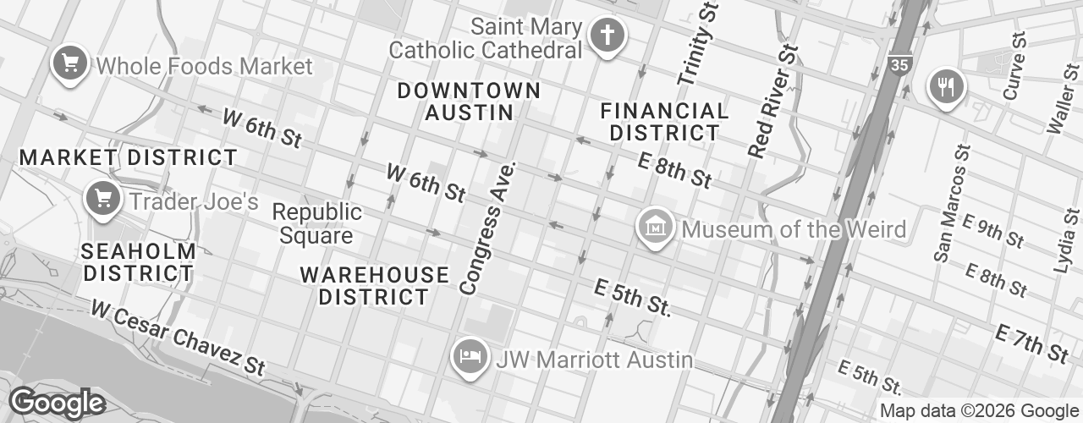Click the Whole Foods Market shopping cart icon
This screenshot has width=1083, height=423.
pos(71,64)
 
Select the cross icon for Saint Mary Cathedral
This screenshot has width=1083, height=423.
pos(607,36)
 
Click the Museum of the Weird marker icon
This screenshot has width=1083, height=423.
pos(655,228)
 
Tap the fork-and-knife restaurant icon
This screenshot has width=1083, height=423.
pos(946,85)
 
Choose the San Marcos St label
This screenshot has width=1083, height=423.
pos(954,203)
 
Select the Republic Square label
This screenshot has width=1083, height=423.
pos(317,223)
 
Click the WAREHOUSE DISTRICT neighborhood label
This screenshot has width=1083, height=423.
pos(374,285)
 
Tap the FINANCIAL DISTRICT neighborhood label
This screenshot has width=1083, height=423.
pos(664,122)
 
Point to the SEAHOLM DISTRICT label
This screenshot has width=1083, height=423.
pos(139,262)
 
